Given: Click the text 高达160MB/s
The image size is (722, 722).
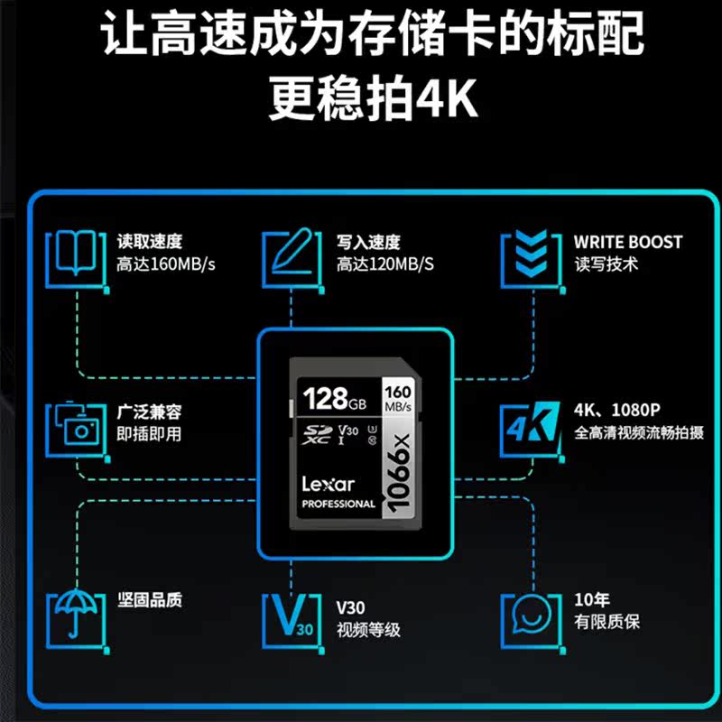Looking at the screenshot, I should click(x=166, y=265).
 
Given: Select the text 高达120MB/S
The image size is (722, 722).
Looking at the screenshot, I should click(x=385, y=265).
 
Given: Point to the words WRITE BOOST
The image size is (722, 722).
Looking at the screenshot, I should click(x=628, y=242).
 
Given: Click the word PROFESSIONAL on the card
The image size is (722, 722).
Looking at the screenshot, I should click(x=338, y=504).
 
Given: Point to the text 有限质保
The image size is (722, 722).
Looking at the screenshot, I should click(x=607, y=622).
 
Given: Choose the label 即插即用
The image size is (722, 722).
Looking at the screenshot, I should click(x=149, y=434).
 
